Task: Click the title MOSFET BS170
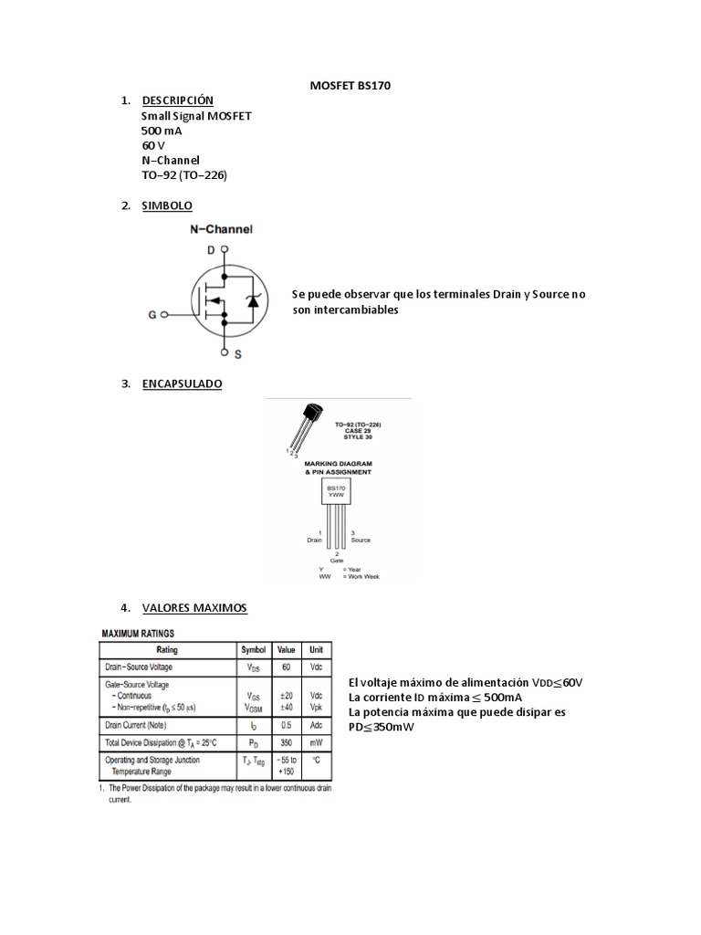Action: point(350,86)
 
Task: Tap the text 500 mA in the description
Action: point(162,131)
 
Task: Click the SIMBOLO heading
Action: point(167,206)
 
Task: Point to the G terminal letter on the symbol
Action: point(152,315)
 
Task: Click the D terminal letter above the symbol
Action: point(211,249)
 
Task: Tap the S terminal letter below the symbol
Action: point(237,353)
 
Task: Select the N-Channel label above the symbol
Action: point(221,230)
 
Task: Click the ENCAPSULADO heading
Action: point(182,384)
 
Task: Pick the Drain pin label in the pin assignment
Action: point(315,540)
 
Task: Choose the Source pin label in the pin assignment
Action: point(361,540)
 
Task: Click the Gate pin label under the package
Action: point(337,559)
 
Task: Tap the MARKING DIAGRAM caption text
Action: point(338,464)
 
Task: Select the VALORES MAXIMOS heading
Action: point(194,608)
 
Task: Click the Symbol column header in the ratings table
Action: point(253,650)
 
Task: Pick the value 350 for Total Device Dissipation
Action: point(286,742)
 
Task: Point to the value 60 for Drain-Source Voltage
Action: point(286,667)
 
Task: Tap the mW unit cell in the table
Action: point(316,742)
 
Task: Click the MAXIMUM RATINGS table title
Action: point(138,633)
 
